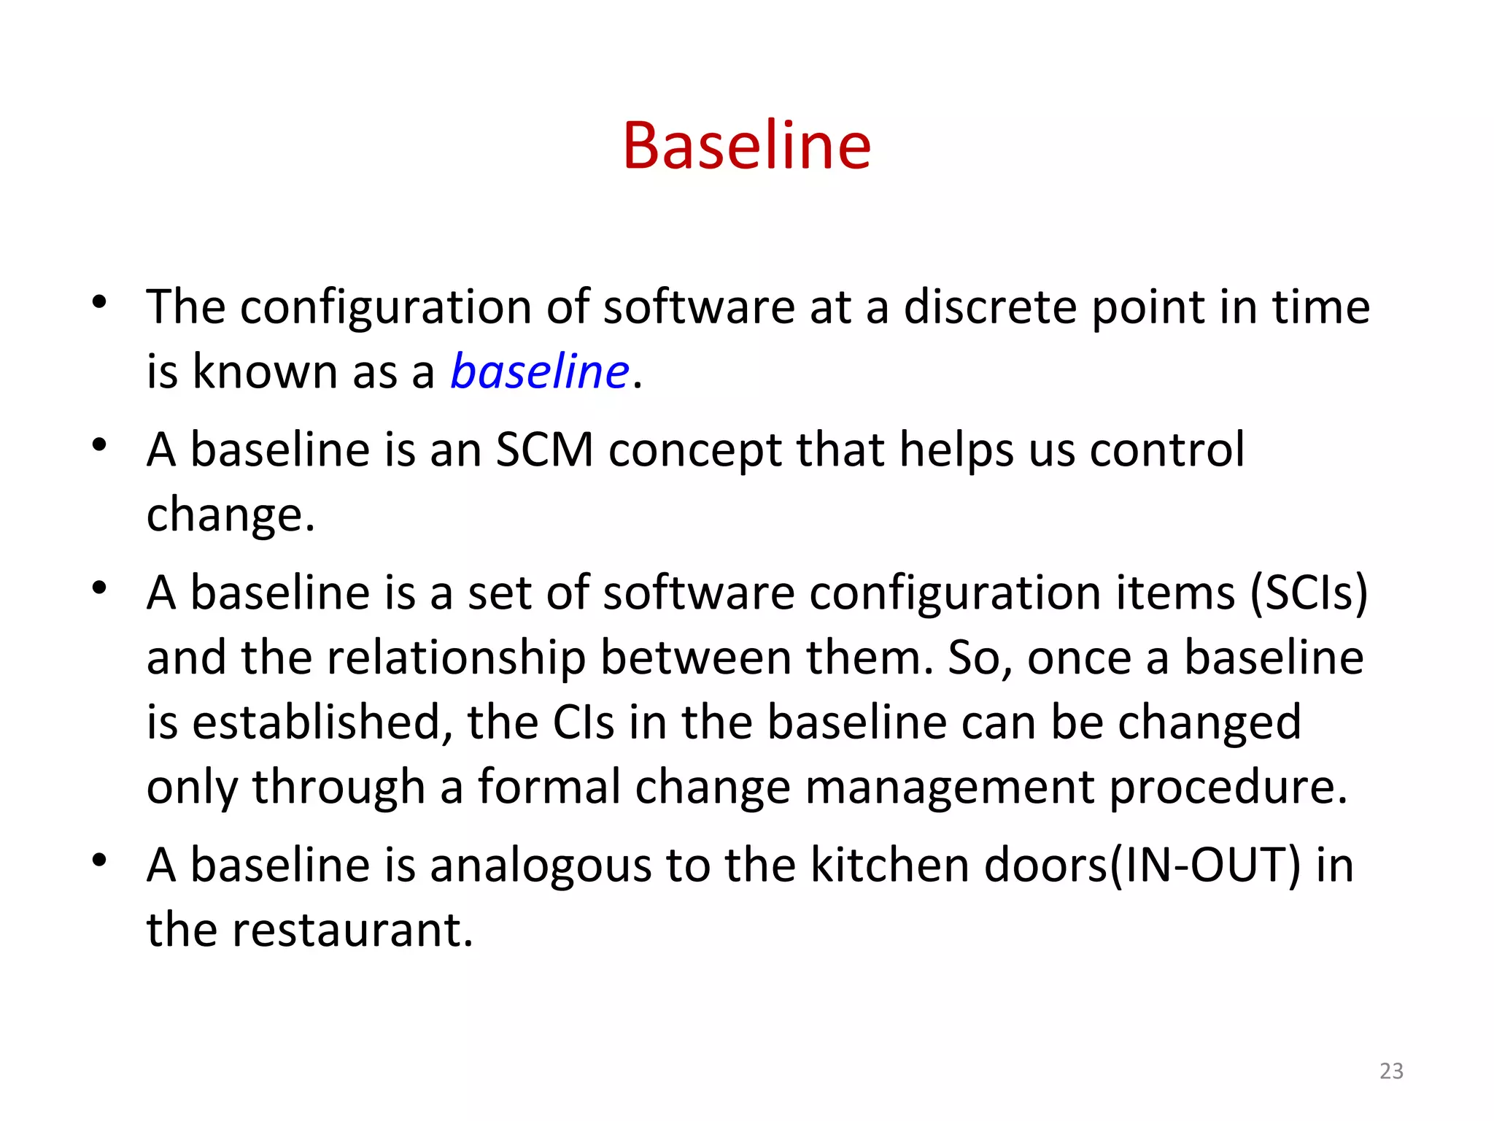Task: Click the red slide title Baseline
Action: [x=746, y=146]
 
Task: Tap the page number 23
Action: [x=1391, y=1071]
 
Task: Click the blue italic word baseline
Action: [x=539, y=371]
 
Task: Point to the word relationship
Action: [x=456, y=658]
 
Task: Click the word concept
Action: [x=695, y=450]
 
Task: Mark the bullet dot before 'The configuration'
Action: [x=100, y=301]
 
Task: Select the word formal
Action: [x=549, y=787]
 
